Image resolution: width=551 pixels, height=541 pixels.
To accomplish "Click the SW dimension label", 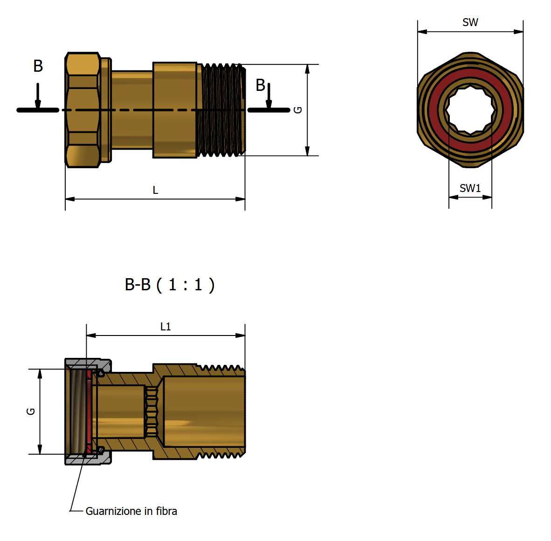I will pos(470,22).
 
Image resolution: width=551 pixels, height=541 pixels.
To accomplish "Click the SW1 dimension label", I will pos(470,188).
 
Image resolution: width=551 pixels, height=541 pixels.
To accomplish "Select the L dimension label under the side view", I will pos(155,190).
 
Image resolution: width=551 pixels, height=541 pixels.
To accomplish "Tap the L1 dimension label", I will pos(165,327).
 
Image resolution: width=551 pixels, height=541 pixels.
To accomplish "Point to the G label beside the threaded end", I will pos(298,110).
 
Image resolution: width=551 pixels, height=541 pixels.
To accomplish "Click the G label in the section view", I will pos(31,411).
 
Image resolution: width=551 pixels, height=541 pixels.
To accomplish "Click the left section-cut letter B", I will pos(38,66).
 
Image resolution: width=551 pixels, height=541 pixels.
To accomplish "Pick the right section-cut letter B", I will pos(260,85).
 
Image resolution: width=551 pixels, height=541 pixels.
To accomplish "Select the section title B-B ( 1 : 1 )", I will pos(170,285).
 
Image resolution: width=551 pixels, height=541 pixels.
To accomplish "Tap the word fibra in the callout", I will pos(166,511).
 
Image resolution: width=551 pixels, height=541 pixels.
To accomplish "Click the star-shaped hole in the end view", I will pos(470,110).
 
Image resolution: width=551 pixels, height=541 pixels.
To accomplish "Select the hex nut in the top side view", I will pos(83,110).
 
